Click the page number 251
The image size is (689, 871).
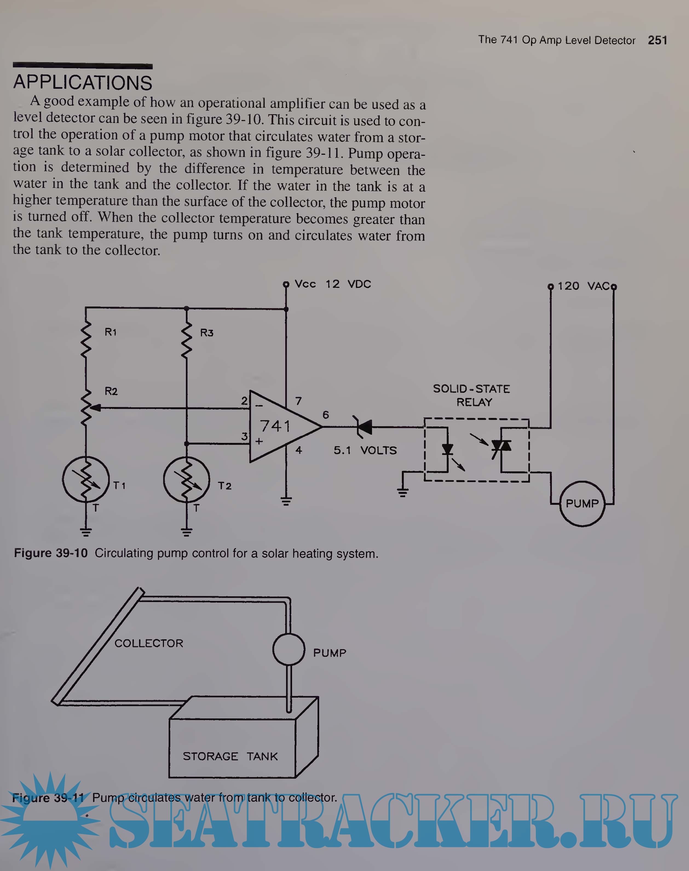(657, 40)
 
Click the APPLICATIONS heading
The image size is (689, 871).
(83, 83)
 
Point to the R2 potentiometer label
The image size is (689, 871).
(111, 391)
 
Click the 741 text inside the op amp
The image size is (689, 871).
(275, 426)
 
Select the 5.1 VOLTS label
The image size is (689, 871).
(365, 451)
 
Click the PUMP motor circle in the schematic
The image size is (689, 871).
(582, 504)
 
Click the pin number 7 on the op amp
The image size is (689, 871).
(299, 401)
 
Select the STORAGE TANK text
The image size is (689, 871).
(230, 757)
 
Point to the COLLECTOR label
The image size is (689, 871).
(149, 643)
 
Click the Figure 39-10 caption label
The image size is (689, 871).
(51, 553)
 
